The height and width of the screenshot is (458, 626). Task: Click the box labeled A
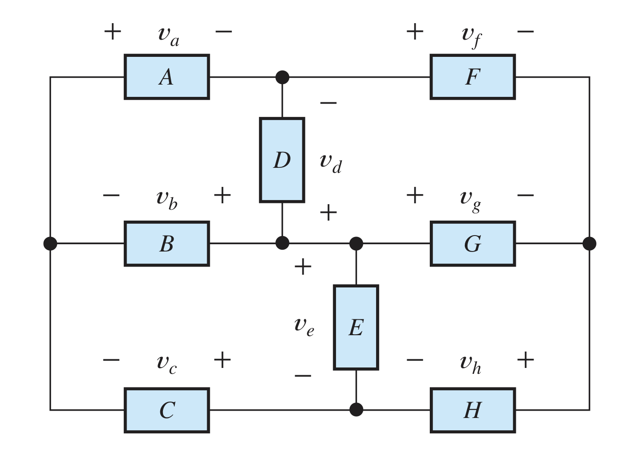(x=167, y=77)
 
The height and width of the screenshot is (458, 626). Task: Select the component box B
(x=167, y=244)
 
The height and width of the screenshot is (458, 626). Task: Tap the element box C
(x=167, y=410)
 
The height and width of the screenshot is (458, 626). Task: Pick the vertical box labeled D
(x=282, y=160)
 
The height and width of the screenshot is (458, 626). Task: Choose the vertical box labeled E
(x=356, y=327)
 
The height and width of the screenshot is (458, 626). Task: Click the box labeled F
(x=473, y=77)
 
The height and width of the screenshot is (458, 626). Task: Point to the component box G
(x=473, y=244)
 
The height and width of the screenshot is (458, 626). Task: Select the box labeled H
(x=473, y=410)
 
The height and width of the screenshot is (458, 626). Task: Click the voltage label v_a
(x=168, y=35)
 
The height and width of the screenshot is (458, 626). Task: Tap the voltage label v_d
(x=331, y=162)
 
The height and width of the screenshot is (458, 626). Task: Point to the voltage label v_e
(x=304, y=326)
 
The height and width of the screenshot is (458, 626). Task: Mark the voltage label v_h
(x=470, y=363)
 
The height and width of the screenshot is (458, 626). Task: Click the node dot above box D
(x=282, y=77)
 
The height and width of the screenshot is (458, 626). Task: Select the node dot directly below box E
(x=356, y=410)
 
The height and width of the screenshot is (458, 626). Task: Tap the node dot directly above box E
(x=356, y=244)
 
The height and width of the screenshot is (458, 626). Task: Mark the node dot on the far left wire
(x=50, y=244)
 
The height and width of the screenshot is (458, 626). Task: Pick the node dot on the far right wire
(x=589, y=244)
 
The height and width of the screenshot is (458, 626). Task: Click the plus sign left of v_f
(x=415, y=32)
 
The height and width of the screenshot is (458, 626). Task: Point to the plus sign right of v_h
(x=525, y=360)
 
